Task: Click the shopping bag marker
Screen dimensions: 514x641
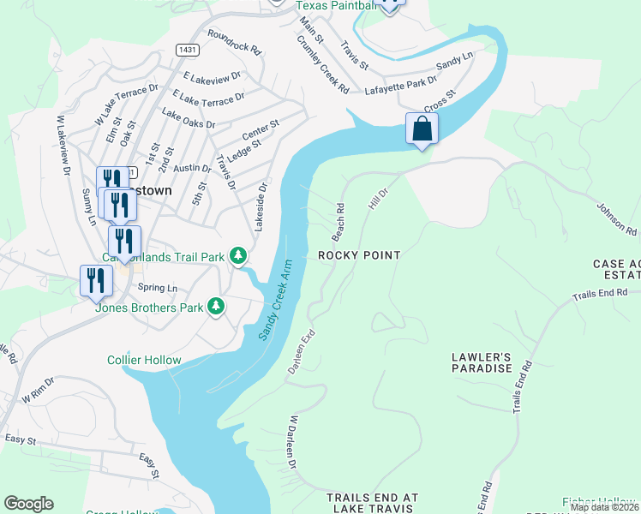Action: point(422,129)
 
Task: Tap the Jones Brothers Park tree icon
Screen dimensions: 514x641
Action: point(217,306)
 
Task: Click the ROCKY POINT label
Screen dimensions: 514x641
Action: point(359,255)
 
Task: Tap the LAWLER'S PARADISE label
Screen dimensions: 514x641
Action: point(482,362)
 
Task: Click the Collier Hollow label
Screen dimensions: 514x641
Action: point(144,360)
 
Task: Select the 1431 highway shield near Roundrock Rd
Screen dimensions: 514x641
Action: point(189,51)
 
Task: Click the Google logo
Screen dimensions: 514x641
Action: point(28,504)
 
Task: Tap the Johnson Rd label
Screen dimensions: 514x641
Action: point(617,219)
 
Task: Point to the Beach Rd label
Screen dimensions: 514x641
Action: point(339,221)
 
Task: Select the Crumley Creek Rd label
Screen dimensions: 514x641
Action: point(323,64)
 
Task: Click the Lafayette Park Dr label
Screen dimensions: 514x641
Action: point(395,87)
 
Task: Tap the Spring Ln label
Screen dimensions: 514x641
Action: point(157,288)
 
